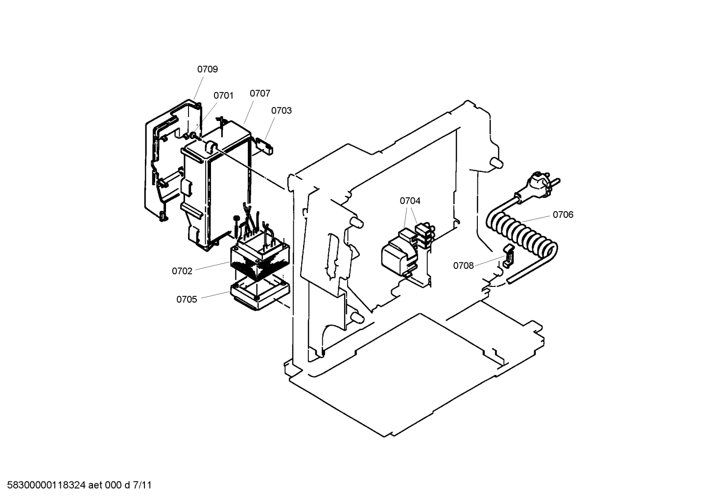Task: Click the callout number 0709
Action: [207, 70]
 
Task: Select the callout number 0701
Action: [223, 95]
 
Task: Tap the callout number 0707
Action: [259, 94]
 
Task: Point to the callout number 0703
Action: [282, 111]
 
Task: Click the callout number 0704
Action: [410, 201]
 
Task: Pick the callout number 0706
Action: [563, 214]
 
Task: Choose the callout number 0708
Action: [463, 266]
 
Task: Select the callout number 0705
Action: [187, 299]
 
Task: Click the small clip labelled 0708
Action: [508, 255]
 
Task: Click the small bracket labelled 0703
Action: [265, 145]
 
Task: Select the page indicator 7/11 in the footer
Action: [142, 486]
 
